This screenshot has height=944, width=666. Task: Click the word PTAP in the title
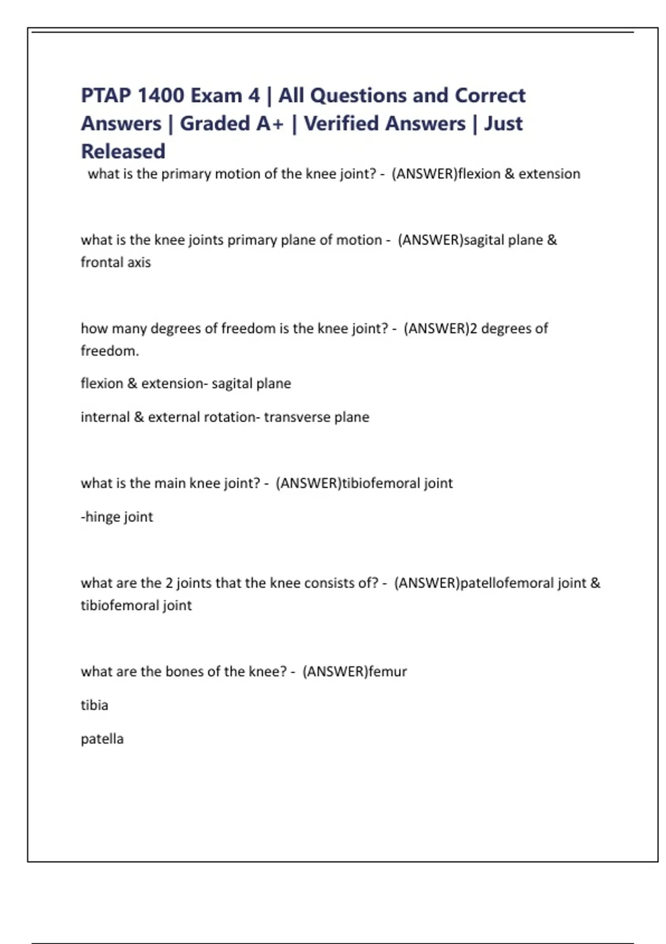click(105, 96)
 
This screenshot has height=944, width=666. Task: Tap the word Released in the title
click(123, 151)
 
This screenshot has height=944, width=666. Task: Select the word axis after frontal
click(139, 262)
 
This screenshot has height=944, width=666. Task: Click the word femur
click(387, 671)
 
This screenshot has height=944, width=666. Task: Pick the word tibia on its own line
click(94, 705)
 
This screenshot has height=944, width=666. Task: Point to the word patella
click(102, 739)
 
